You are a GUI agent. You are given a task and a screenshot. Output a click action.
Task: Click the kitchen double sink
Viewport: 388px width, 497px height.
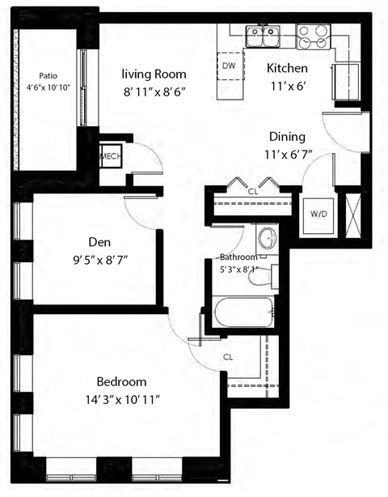click(x=263, y=34)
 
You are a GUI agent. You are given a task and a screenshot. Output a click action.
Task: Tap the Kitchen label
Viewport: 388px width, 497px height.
click(x=288, y=68)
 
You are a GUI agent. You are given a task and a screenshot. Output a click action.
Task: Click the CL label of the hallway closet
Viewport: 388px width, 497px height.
click(x=252, y=193)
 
